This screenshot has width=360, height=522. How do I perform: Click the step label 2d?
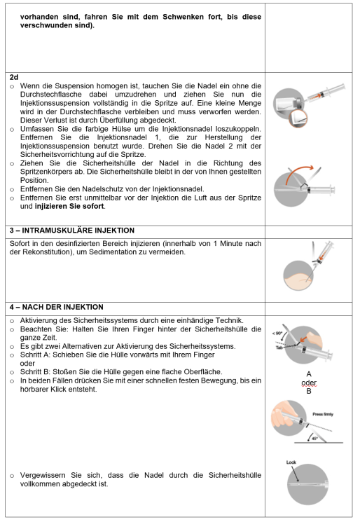[14, 77]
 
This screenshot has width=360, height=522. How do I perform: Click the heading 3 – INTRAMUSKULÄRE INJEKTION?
[72, 231]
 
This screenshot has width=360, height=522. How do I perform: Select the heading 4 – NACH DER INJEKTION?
[57, 307]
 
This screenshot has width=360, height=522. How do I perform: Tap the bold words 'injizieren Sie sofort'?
[69, 207]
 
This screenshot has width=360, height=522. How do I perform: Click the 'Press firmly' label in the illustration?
[323, 414]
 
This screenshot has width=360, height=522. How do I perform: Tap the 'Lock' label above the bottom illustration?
[291, 462]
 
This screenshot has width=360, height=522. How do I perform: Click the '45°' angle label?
[314, 439]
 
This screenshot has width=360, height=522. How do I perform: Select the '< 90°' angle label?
[277, 334]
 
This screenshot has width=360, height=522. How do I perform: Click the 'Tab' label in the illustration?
[279, 348]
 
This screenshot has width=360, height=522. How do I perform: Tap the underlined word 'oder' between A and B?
[309, 383]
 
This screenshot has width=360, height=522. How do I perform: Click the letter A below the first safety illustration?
[309, 374]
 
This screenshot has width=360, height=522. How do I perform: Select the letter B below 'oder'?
[309, 392]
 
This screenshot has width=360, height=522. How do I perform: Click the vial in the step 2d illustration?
[286, 103]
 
